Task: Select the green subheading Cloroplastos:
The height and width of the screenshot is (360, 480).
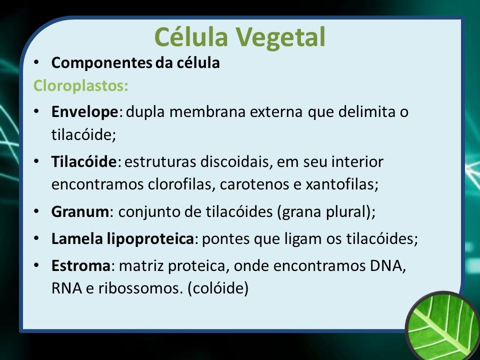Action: (81, 85)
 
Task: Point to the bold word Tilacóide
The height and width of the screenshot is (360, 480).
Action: (84, 161)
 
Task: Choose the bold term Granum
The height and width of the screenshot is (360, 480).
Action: (80, 212)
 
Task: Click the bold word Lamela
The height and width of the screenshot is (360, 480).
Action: (77, 239)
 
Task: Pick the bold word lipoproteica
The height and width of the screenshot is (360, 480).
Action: (150, 239)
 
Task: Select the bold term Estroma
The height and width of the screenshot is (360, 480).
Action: (81, 265)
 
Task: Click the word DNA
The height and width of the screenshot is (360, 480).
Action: (386, 265)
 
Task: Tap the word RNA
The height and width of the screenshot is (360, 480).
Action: (66, 288)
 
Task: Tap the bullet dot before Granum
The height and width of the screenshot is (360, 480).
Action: (36, 211)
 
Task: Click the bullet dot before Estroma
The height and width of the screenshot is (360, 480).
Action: (36, 265)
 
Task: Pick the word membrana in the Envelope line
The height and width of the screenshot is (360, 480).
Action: (207, 111)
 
